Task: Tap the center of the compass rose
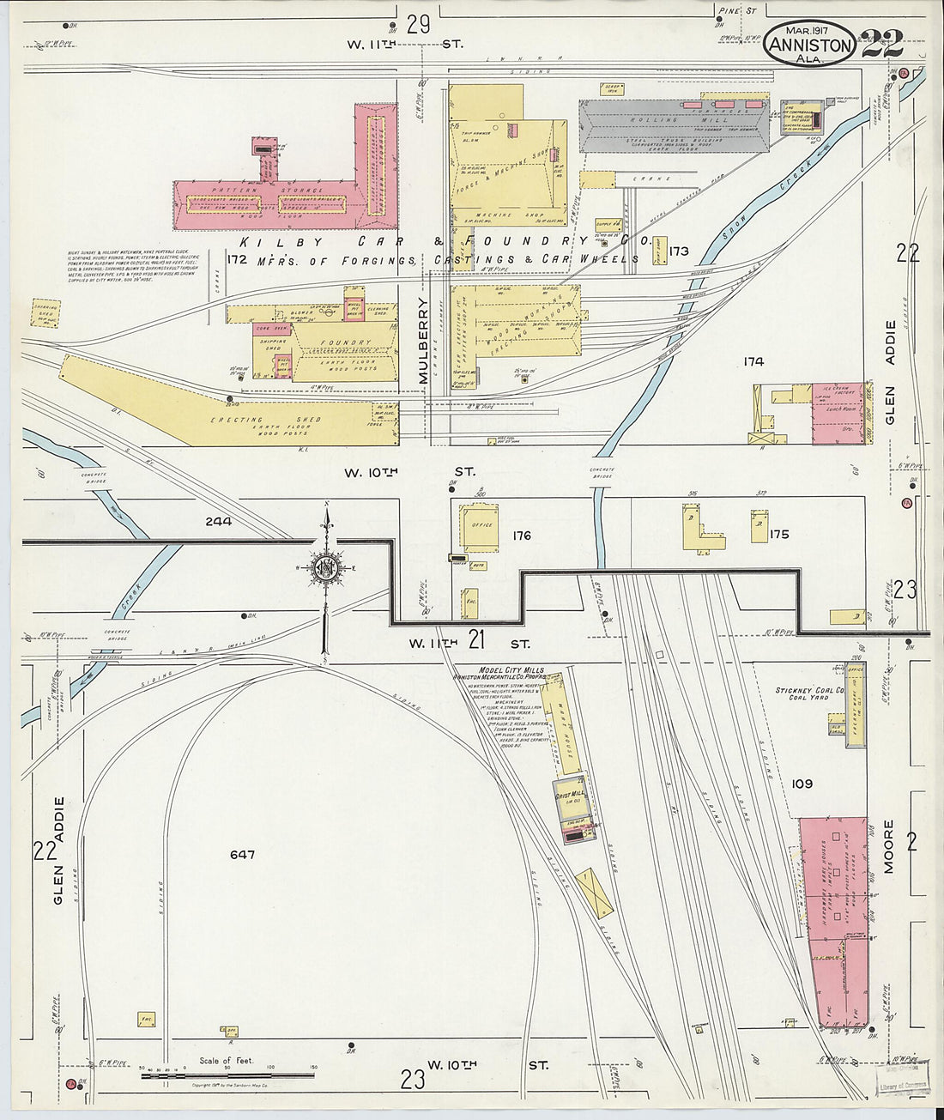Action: (x=326, y=567)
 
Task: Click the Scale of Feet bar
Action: (x=227, y=1075)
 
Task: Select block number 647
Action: (x=243, y=855)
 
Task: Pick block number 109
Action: (x=802, y=784)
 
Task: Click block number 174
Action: (x=753, y=362)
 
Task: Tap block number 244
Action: (x=219, y=521)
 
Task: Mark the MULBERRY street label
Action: (x=422, y=341)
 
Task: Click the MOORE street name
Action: (x=889, y=846)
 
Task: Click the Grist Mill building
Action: (x=570, y=796)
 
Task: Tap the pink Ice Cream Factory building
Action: (x=837, y=414)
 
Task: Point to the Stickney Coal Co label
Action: (x=809, y=690)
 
